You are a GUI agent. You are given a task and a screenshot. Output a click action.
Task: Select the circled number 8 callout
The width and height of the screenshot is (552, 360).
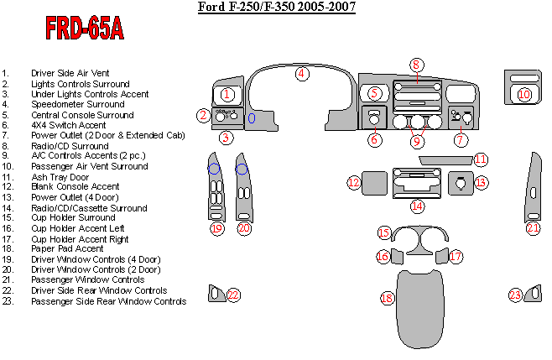pyautogui.click(x=416, y=65)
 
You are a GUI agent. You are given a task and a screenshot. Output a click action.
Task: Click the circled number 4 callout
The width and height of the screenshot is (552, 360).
pyautogui.click(x=300, y=74)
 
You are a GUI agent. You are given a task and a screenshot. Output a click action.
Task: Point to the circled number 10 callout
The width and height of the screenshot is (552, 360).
pyautogui.click(x=524, y=95)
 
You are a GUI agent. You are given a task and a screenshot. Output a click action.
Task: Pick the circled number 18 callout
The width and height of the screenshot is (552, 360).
pyautogui.click(x=387, y=298)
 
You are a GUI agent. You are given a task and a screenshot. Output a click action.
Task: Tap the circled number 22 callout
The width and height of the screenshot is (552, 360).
pyautogui.click(x=233, y=295)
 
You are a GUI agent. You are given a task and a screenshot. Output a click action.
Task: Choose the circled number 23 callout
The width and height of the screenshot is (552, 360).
pyautogui.click(x=516, y=295)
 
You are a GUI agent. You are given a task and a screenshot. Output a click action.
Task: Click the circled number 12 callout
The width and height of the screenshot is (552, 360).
pyautogui.click(x=354, y=182)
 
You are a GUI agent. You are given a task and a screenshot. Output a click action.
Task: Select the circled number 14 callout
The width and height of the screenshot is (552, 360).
pyautogui.click(x=417, y=206)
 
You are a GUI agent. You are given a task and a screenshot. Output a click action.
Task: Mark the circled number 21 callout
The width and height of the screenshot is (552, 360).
pyautogui.click(x=534, y=227)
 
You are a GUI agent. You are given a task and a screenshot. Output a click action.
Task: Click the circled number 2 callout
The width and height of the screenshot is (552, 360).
pyautogui.click(x=202, y=116)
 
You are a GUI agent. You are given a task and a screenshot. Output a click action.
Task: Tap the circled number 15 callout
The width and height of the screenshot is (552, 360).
pyautogui.click(x=383, y=232)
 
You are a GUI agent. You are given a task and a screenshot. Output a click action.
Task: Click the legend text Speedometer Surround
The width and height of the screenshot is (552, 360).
pyautogui.click(x=77, y=105)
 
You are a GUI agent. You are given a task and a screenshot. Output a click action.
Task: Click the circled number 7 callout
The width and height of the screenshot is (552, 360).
pyautogui.click(x=461, y=140)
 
